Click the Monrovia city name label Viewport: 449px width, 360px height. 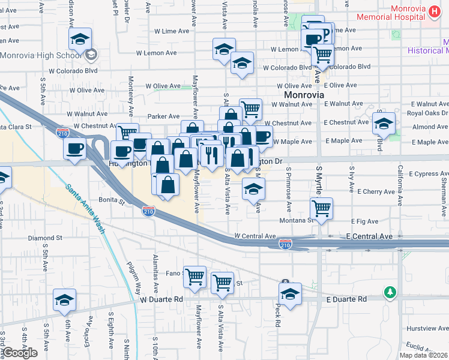[x=304, y=95]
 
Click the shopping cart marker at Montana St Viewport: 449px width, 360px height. [x=322, y=208]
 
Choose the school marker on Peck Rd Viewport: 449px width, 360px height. [x=290, y=294]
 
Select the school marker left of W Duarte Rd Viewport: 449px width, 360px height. [x=65, y=300]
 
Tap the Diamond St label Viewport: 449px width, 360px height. [x=46, y=238]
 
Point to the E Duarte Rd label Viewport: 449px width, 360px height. [x=346, y=299]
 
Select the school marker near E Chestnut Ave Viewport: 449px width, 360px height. [x=384, y=123]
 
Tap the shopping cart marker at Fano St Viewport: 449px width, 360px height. [x=194, y=277]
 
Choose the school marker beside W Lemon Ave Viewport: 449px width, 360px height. [x=224, y=49]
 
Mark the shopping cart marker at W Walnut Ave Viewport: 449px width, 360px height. [x=251, y=109]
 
